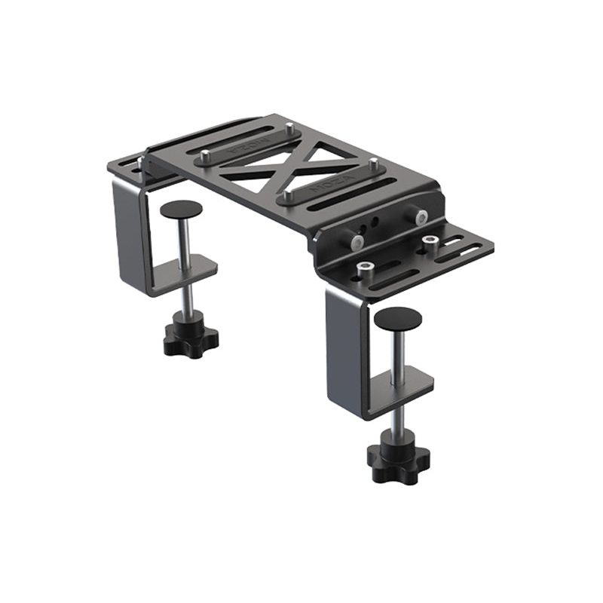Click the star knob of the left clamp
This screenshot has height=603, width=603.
point(190,340)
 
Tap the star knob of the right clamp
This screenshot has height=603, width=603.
point(398,454)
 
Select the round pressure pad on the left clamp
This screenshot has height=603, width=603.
point(181,210)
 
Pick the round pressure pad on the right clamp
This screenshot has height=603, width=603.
point(398,318)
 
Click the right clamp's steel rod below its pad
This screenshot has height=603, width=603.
point(399,350)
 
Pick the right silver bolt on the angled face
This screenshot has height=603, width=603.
point(421,217)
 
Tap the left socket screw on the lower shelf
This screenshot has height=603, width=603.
point(366,268)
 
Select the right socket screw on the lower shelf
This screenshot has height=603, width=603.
point(430,242)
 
